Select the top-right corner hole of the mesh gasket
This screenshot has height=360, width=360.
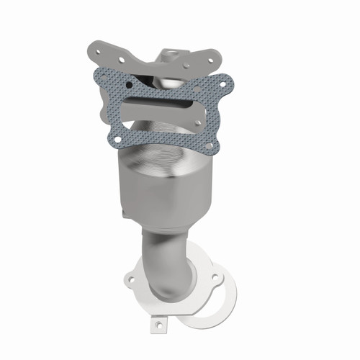pyautogui.click(x=222, y=84)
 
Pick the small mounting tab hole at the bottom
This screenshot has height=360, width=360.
pyautogui.click(x=157, y=326)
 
